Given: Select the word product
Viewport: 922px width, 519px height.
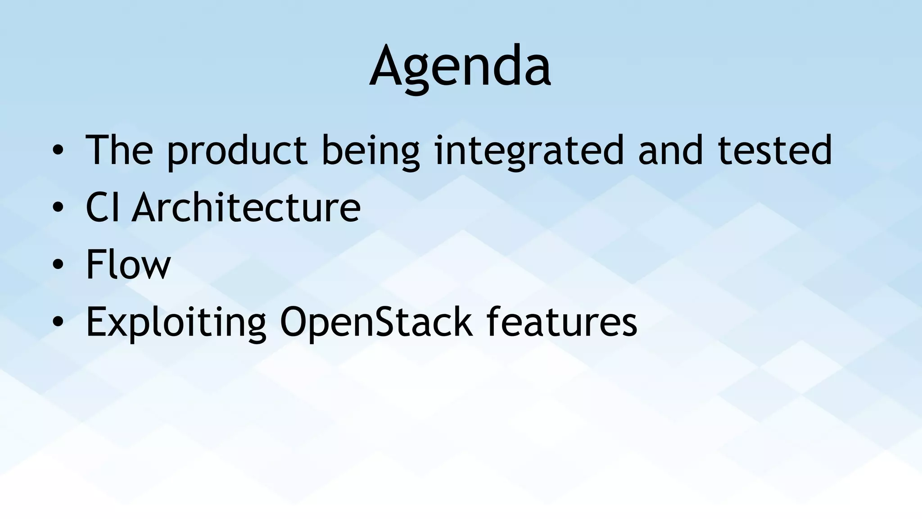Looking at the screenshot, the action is pyautogui.click(x=237, y=152).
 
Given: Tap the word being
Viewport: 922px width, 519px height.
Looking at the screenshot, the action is pyautogui.click(x=371, y=152).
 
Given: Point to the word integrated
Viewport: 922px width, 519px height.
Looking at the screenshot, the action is pyautogui.click(x=529, y=152).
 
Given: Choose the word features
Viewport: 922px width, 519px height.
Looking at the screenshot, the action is pyautogui.click(x=562, y=321).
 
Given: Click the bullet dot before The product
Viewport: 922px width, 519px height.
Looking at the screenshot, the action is pyautogui.click(x=58, y=150).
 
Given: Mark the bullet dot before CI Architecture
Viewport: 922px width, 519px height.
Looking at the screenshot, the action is pyautogui.click(x=58, y=208).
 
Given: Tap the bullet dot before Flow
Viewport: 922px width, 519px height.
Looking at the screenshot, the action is pyautogui.click(x=58, y=265).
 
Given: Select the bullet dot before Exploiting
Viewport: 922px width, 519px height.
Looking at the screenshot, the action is pyautogui.click(x=58, y=322).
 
